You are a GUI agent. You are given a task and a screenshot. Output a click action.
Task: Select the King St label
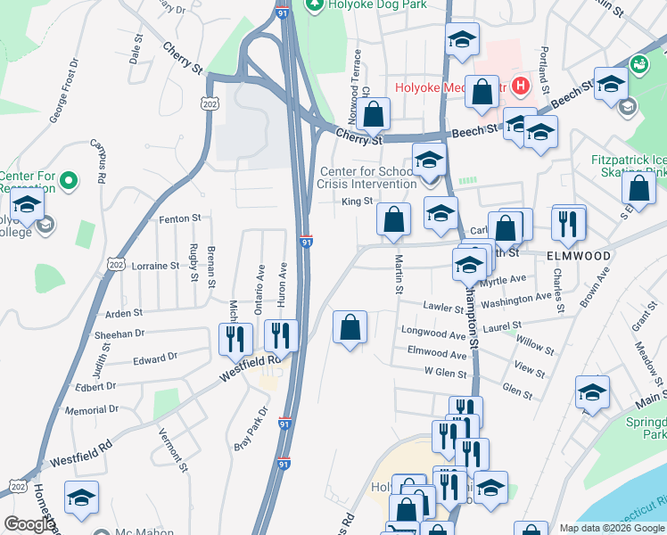pos(357,202)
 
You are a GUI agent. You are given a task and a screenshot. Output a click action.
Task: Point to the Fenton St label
pos(180,218)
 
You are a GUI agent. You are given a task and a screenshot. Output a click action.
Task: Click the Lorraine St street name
pos(155,266)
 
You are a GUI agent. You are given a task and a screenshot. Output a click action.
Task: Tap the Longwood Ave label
pos(434,334)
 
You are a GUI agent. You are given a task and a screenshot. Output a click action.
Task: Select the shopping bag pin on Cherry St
pos(375,114)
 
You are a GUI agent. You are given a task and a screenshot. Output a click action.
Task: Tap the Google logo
pos(29,524)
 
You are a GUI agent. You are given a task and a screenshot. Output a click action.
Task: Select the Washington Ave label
pos(516,297)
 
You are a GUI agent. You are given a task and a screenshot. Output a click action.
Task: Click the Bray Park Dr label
pos(251,429)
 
